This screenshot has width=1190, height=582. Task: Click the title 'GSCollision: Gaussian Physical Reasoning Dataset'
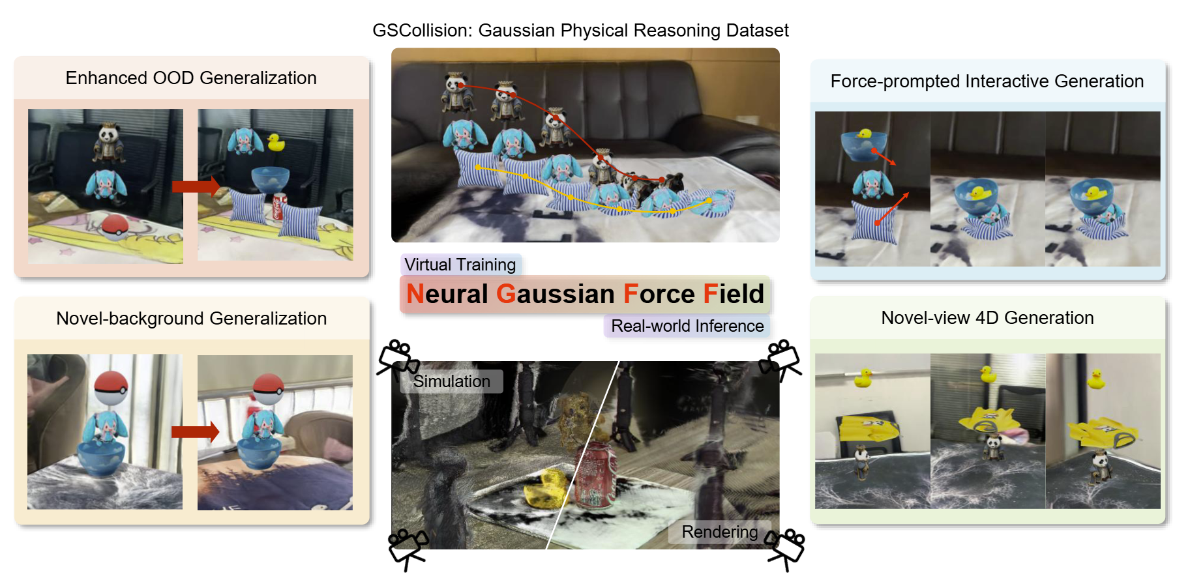[580, 31]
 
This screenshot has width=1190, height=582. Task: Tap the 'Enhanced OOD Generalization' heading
[191, 78]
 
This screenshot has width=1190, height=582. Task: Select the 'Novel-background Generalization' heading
[191, 318]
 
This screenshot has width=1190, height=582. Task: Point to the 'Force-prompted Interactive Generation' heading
[987, 81]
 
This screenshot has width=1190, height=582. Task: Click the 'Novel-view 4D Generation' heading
[987, 317]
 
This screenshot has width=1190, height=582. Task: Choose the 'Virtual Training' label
[460, 265]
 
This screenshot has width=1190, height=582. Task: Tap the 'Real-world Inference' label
[687, 326]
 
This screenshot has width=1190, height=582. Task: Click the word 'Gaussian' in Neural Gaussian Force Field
[556, 294]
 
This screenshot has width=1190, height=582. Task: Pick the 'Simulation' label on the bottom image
[451, 381]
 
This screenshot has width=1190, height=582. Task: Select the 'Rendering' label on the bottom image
[720, 532]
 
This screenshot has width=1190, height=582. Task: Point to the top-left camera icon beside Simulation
[398, 359]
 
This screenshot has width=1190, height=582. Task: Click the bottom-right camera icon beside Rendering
[785, 549]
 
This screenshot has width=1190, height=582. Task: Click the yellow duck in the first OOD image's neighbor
[276, 143]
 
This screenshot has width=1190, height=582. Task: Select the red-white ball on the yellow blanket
[115, 226]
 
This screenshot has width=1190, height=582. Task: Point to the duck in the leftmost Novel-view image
[863, 377]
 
